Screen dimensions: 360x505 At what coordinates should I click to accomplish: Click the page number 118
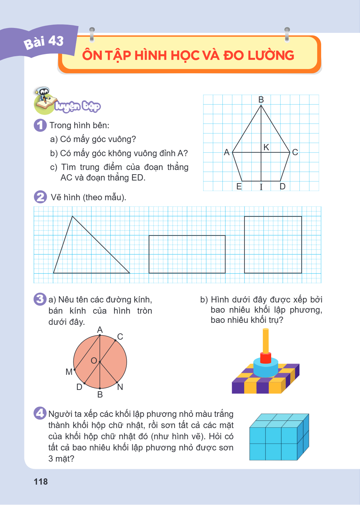coord(41,482)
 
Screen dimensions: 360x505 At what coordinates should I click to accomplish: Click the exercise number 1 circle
coord(40,125)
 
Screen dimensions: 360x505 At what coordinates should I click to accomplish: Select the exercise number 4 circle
coord(40,413)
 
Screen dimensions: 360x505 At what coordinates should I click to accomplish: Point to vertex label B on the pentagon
coord(261,100)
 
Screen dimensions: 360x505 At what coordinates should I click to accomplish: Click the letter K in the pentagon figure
coord(266,147)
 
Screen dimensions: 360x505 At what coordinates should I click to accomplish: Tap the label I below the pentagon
coord(261,187)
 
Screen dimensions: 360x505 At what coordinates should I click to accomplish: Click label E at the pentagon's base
coord(239,186)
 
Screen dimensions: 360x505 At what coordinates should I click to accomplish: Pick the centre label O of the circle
coord(94,361)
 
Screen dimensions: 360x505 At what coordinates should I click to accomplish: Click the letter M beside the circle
coord(69,372)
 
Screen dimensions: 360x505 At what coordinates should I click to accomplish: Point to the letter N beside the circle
coord(120,387)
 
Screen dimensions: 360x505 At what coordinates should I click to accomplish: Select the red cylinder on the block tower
coord(266,358)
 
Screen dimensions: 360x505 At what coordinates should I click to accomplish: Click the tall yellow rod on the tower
coord(266,341)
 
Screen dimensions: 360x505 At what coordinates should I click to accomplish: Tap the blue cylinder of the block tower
coord(266,368)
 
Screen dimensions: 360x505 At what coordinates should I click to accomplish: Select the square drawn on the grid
coord(244,245)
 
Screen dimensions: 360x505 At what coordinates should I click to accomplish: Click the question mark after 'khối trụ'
coord(281,320)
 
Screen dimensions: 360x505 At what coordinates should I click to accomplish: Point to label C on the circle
coord(120,337)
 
